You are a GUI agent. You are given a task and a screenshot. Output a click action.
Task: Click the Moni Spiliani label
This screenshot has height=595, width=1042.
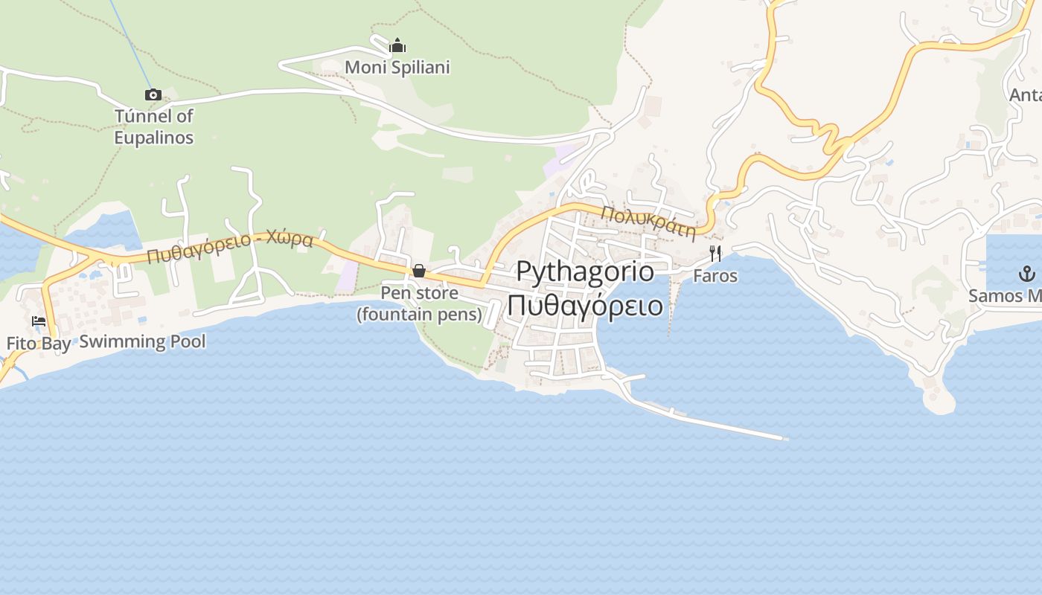point(397,68)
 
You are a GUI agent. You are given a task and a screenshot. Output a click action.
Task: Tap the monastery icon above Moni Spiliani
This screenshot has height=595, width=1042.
point(397,45)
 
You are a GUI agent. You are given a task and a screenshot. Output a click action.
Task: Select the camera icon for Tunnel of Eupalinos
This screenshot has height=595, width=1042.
point(153,94)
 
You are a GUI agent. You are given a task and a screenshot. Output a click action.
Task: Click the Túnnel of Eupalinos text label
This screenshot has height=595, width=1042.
point(153,126)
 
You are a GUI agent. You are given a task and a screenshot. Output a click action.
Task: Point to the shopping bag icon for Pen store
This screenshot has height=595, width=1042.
point(419,271)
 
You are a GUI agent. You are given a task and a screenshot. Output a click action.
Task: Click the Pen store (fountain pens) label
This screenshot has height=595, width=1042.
point(420,303)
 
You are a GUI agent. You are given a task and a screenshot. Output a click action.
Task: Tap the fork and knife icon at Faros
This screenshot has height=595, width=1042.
point(715,254)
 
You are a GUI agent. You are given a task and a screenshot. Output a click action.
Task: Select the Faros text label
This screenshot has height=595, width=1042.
point(715,276)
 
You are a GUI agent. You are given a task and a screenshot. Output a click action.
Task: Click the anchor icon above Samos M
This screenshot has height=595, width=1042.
point(1027,273)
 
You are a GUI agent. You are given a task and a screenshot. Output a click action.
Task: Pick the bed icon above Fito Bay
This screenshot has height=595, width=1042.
point(39,321)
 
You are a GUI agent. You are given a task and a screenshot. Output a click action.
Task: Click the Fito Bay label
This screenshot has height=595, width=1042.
point(39,344)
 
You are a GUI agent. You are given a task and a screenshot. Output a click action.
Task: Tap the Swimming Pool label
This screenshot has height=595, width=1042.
point(142,341)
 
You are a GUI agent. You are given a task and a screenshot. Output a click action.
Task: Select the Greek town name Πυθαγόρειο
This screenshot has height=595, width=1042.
point(585,305)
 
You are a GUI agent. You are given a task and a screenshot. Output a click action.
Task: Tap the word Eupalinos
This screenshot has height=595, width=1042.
point(153,138)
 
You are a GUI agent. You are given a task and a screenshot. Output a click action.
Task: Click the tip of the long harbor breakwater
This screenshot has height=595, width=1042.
point(784,438)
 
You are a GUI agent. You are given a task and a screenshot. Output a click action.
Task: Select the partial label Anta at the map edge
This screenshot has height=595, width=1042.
point(1025,95)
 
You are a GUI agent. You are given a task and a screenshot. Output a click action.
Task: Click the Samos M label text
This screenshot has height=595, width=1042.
point(1005,295)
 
